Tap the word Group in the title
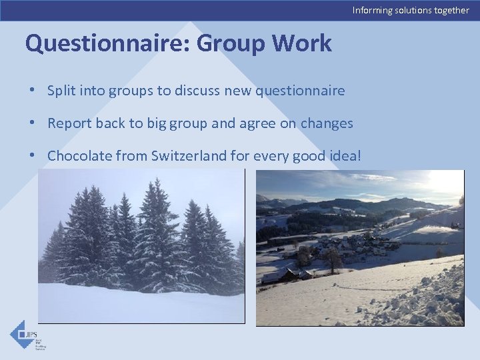pos(231,43)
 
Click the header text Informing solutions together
pos(411,10)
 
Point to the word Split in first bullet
pos(61,91)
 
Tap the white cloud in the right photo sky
pos(373,178)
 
